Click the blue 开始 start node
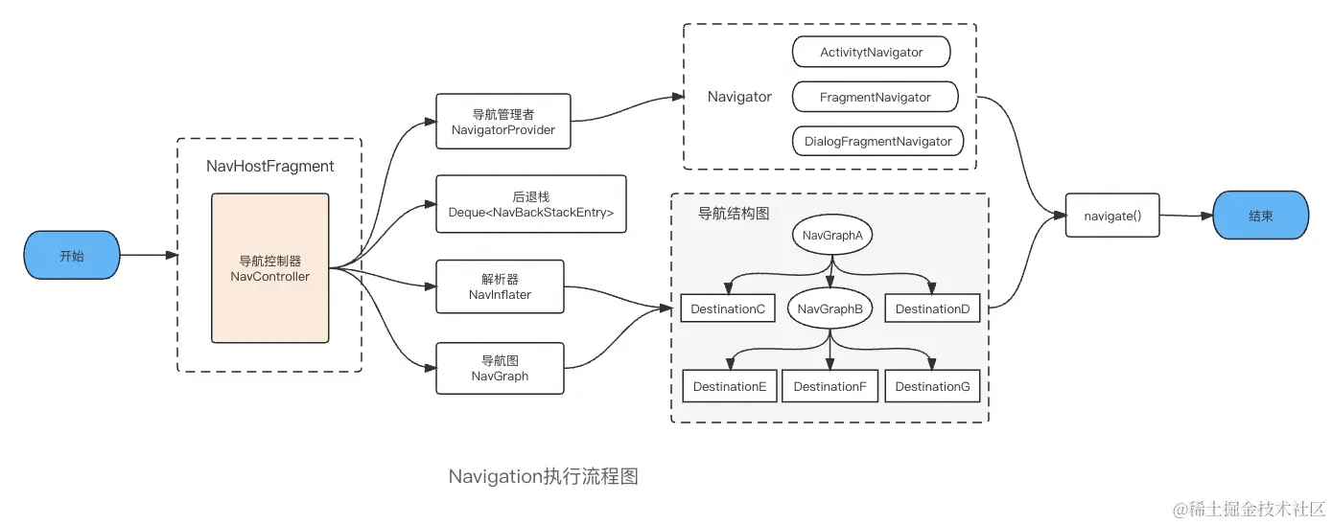click(x=72, y=256)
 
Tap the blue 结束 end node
click(x=1260, y=216)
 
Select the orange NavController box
click(x=269, y=268)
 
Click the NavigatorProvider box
click(x=502, y=122)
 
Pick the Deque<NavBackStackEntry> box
click(x=530, y=204)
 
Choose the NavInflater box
click(x=500, y=286)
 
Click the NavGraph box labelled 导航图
click(x=500, y=368)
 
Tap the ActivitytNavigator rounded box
click(x=871, y=53)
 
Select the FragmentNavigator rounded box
click(x=875, y=97)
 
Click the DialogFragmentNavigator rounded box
click(x=877, y=141)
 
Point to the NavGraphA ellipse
click(x=831, y=235)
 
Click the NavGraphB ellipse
click(x=830, y=308)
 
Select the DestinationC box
click(x=728, y=308)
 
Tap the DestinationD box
click(x=932, y=308)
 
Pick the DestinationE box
click(x=729, y=386)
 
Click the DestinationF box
click(x=830, y=386)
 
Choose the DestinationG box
click(x=932, y=386)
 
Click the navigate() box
click(x=1112, y=216)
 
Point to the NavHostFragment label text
click(x=269, y=167)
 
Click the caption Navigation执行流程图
click(x=543, y=477)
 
